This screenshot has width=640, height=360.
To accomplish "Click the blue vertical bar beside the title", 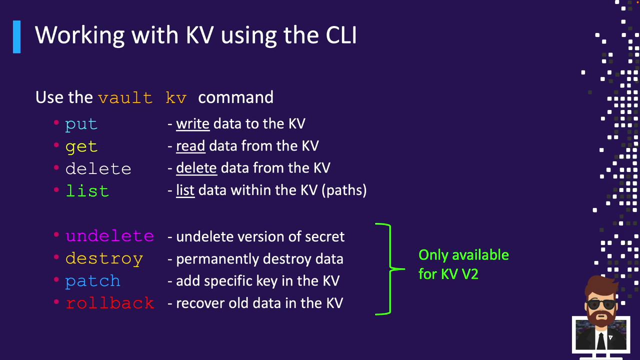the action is coord(17,37).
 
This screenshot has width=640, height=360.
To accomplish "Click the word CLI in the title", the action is coord(341,35).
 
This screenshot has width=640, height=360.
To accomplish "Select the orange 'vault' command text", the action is coord(125,98).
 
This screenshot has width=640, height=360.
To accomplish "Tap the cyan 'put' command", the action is coord(81,125).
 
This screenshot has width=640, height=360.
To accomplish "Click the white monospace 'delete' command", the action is coord(98,168).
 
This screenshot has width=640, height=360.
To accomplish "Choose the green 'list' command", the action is coord(87,190).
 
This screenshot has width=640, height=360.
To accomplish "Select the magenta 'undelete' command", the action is coord(110,236).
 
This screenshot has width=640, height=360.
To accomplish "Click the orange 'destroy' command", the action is coord(104,259).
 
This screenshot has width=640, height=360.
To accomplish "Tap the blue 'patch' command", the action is coord(92,281).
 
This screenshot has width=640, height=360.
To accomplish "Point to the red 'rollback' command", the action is coord(110,303).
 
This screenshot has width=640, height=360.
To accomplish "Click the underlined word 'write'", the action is coord(193,124).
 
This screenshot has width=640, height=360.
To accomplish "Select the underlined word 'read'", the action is coord(190,146).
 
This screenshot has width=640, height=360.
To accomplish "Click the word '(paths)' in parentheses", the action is coord(344,190).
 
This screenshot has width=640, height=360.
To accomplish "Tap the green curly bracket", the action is coord(389,269).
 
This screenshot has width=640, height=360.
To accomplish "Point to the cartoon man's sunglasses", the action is coord(601,304).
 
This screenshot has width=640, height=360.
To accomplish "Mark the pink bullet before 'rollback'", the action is coord(56,301).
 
